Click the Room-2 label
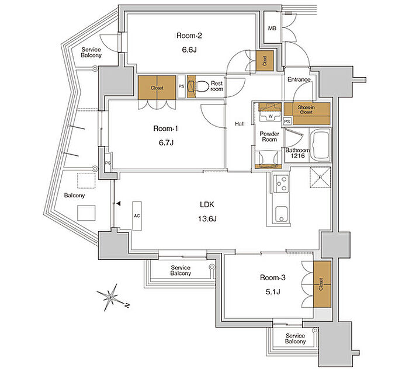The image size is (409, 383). (x=189, y=36)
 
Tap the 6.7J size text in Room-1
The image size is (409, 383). (x=166, y=142)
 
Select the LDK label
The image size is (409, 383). (x=207, y=205)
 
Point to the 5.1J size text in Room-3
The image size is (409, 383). (x=273, y=292)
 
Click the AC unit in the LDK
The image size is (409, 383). (x=137, y=216)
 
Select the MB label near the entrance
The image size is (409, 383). (x=272, y=28)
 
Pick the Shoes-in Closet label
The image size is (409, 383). (x=306, y=110)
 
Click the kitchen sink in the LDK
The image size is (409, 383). (x=282, y=214)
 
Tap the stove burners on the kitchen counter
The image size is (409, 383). (x=282, y=183)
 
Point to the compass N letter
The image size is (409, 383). (x=127, y=305)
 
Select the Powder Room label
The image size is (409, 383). (x=269, y=137)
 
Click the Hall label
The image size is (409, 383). (x=240, y=124)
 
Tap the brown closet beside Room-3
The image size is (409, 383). (x=322, y=284)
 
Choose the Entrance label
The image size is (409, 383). (x=299, y=79)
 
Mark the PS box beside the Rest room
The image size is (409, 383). (x=181, y=86)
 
